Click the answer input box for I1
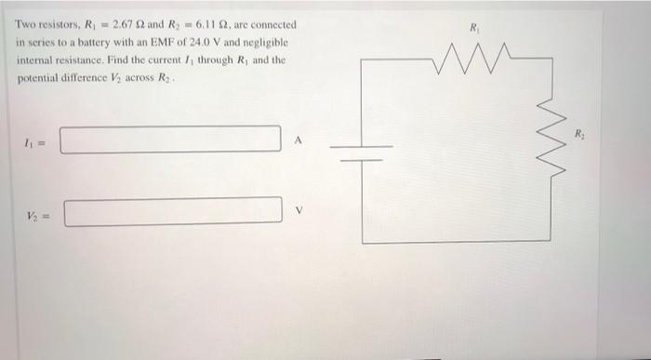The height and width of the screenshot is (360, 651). click(170, 140)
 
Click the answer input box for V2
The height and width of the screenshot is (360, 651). click(173, 209)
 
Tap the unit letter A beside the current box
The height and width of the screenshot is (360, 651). click(298, 140)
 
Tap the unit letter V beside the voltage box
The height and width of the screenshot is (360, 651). click(298, 209)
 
